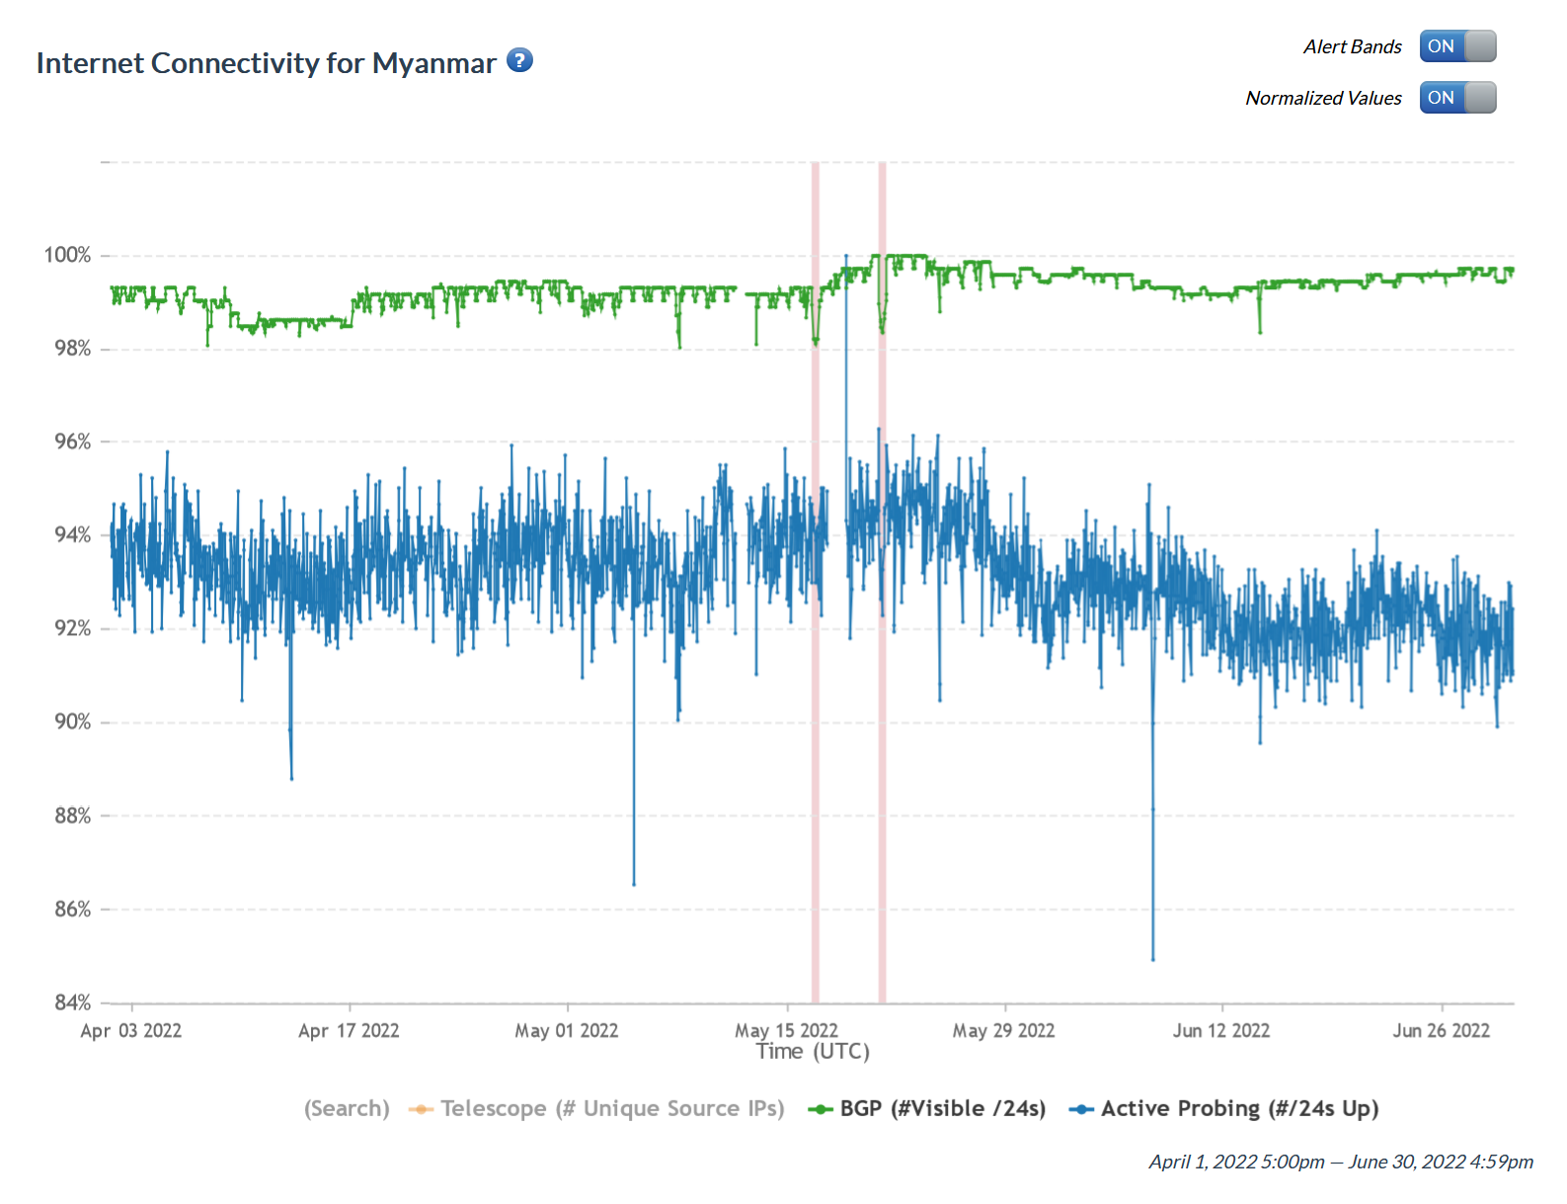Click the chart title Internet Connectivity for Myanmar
(x=266, y=63)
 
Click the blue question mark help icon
(x=519, y=60)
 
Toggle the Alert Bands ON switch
(x=1457, y=46)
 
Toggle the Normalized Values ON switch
(x=1457, y=98)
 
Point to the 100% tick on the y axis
(x=67, y=255)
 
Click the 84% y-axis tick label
(x=72, y=1003)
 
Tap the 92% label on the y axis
(x=72, y=629)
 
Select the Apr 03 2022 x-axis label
(x=131, y=1031)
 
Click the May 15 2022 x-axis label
(x=786, y=1031)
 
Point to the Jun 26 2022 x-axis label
(x=1441, y=1031)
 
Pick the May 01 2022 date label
(x=567, y=1031)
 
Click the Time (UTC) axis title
(x=813, y=1052)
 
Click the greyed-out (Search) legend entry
(x=347, y=1109)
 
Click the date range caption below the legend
(x=1341, y=1163)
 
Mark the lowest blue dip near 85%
(x=1152, y=958)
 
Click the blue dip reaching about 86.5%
(x=634, y=883)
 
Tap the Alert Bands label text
(x=1352, y=46)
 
